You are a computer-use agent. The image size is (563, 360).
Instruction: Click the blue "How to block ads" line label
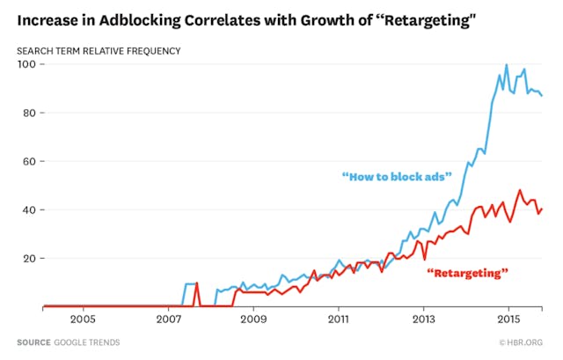(x=397, y=177)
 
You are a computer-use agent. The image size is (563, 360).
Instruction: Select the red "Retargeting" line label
(x=468, y=274)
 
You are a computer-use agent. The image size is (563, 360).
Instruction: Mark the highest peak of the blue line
(x=507, y=64)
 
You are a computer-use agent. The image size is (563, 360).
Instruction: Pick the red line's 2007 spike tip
(x=197, y=283)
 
